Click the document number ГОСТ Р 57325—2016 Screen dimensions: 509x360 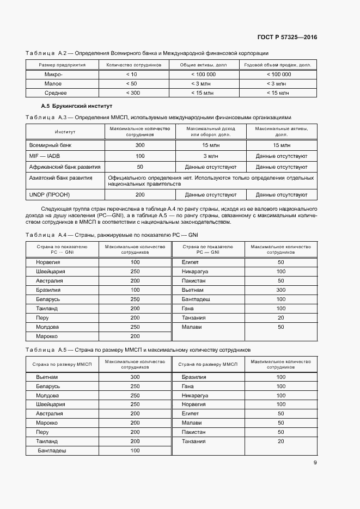(x=287, y=38)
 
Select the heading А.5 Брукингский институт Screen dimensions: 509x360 (x=76, y=105)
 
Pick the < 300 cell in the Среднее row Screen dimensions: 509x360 (x=131, y=93)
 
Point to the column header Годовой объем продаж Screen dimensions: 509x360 (x=278, y=65)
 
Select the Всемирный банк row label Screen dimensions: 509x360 (x=50, y=145)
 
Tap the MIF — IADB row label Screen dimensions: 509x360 (x=45, y=156)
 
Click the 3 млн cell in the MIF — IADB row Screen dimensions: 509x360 (x=210, y=156)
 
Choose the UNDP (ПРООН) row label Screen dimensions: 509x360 (x=50, y=194)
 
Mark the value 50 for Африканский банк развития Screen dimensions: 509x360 (x=140, y=167)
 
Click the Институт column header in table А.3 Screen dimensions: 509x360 (x=65, y=132)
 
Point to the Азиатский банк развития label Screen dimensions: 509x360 (x=60, y=178)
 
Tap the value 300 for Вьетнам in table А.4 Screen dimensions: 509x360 (x=280, y=290)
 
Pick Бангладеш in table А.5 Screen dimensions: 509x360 (x=51, y=451)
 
